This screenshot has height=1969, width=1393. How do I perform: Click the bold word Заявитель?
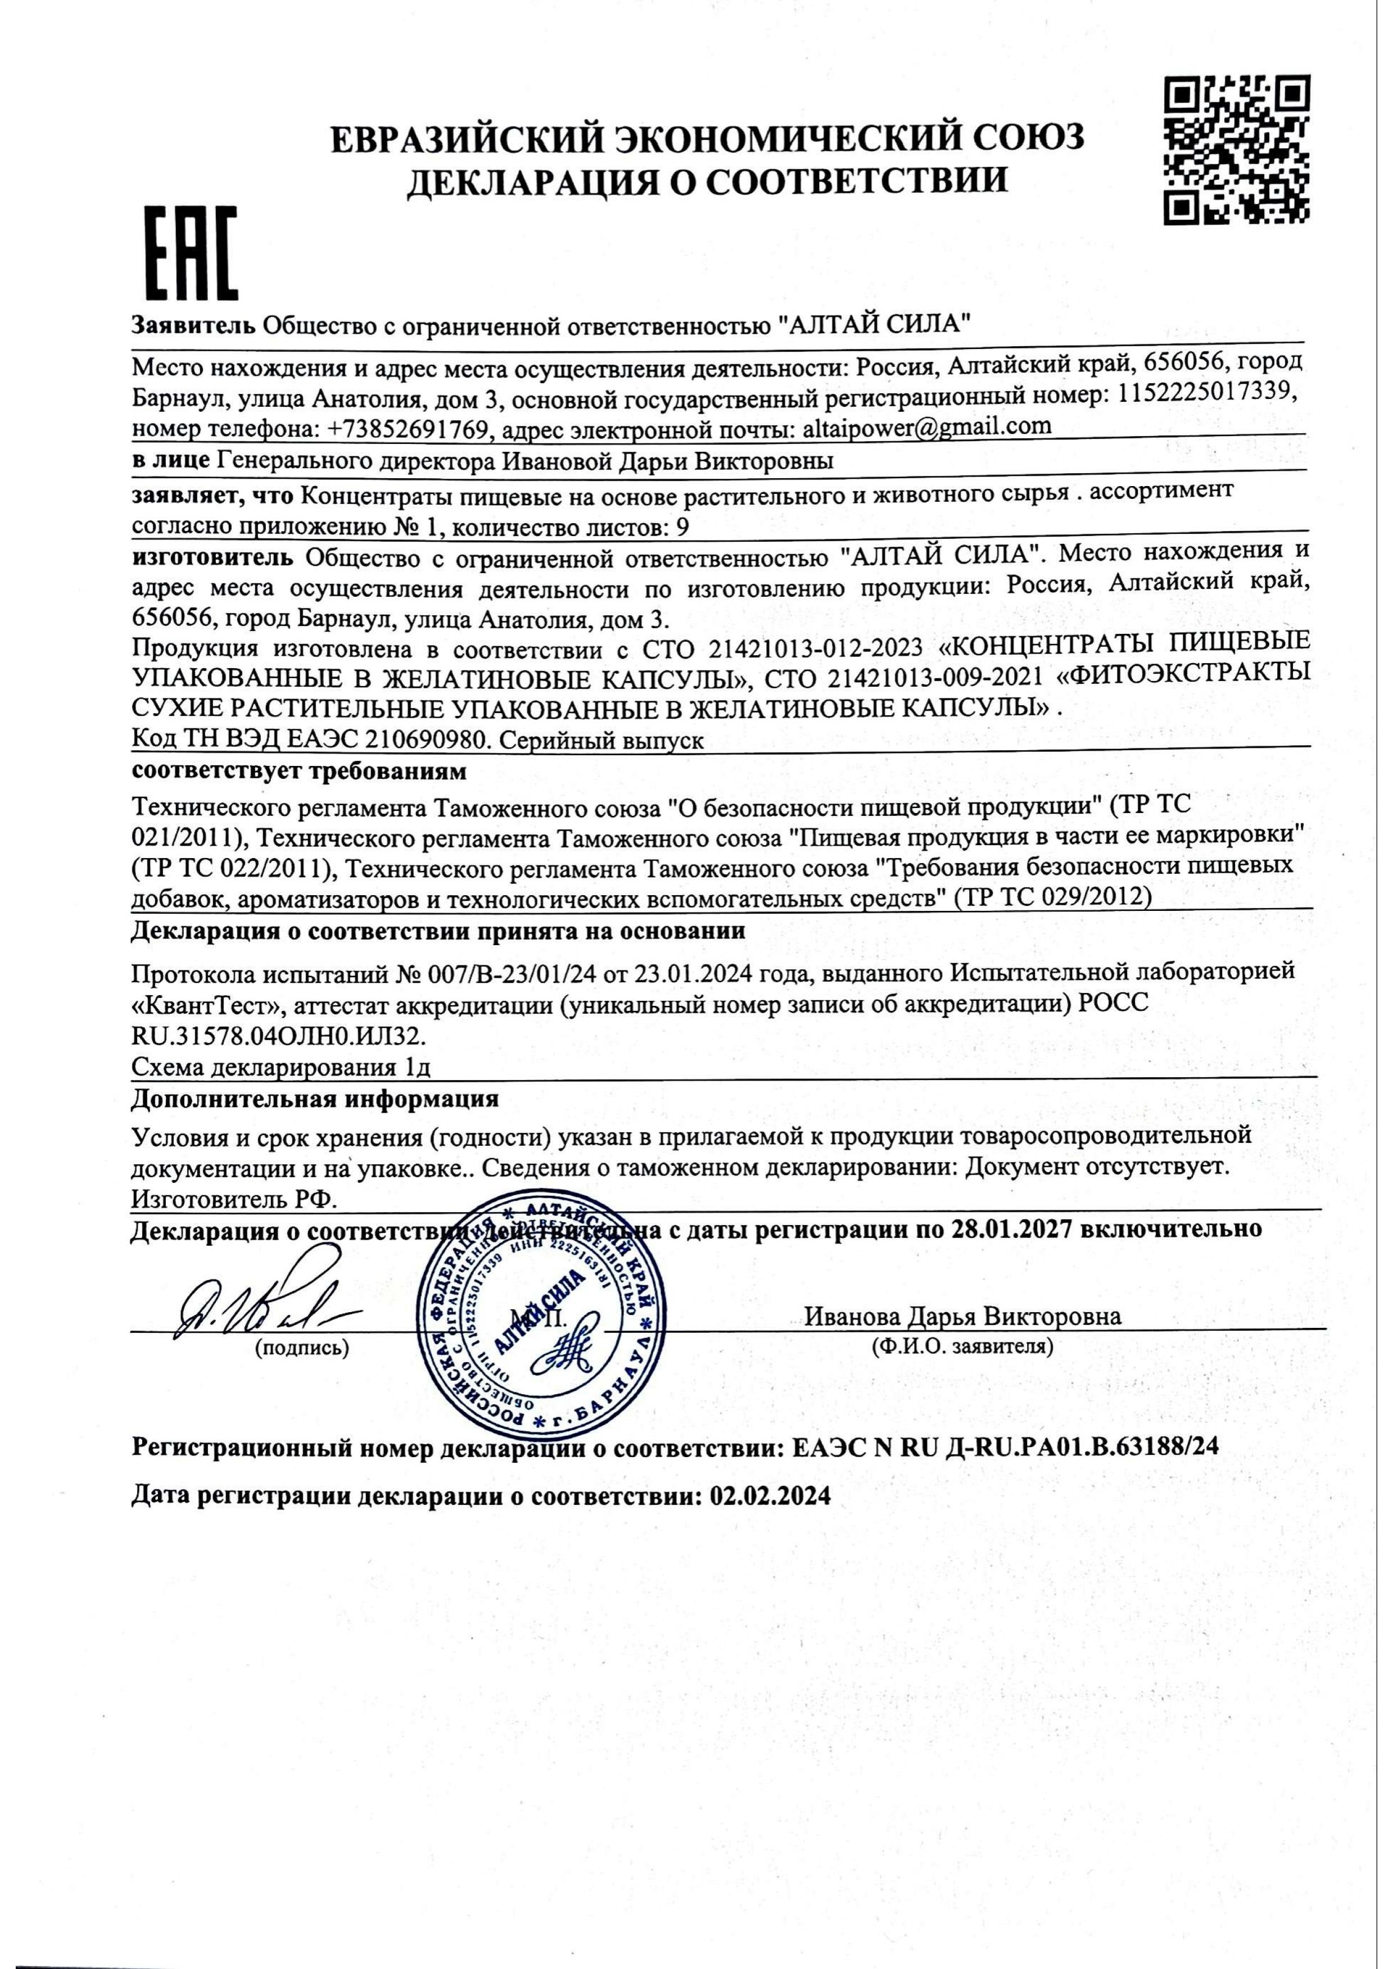coord(193,325)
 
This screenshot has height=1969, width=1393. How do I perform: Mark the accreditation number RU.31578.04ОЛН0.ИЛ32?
coord(279,1037)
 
